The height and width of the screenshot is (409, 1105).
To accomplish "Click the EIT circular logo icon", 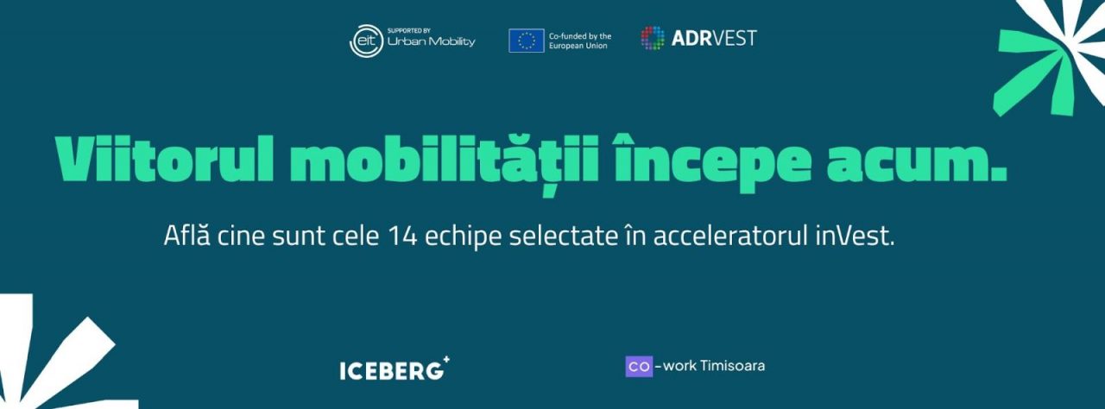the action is coord(367,41).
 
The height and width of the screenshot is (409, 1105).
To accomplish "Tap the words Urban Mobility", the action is coord(431,41).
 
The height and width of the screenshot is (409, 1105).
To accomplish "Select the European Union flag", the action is coord(527,41).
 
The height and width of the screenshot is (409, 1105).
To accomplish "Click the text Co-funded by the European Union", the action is coord(580,41).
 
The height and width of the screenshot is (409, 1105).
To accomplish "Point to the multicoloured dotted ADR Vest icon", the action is coord(653,38).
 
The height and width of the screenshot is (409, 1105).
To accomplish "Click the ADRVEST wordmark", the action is coord(714,39).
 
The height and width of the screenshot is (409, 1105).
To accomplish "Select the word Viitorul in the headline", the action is coord(164,159).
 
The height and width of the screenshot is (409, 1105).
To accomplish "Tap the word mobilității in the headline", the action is coord(444,161).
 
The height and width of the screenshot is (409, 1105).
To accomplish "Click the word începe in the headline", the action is coord(712,162).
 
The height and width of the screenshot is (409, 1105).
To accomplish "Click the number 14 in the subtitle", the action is coord(402,236).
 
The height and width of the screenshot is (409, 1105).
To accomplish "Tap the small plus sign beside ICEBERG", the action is coord(446,360).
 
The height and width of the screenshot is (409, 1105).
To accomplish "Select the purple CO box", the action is coord(639,367).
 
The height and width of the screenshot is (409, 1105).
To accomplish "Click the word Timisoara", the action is coord(732,366).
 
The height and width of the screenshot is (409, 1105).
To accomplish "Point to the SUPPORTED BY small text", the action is coord(409,30).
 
